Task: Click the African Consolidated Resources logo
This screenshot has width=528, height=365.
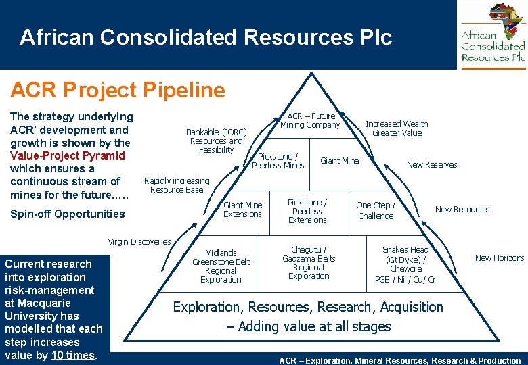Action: click(x=493, y=34)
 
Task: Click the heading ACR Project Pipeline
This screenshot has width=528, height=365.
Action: click(x=118, y=90)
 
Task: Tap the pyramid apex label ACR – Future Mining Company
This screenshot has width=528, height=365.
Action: click(x=311, y=120)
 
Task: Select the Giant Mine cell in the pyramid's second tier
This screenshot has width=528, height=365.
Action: click(x=339, y=161)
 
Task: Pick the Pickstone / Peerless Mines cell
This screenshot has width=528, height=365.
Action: click(x=278, y=161)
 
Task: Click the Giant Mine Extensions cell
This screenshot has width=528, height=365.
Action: click(x=242, y=210)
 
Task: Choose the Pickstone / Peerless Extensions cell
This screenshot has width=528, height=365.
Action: click(x=307, y=211)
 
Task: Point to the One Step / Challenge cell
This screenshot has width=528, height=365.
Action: click(x=376, y=211)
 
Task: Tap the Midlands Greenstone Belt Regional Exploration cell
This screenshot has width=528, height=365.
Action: click(x=221, y=266)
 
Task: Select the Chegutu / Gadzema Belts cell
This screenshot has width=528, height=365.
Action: click(x=309, y=263)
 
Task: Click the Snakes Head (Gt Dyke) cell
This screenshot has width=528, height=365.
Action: click(x=405, y=264)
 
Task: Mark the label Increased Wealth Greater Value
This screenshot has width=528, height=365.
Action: click(x=397, y=128)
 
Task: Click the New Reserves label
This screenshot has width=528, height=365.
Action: click(x=431, y=165)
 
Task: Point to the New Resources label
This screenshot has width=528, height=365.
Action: click(x=462, y=210)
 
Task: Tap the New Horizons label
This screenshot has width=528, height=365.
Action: click(x=500, y=258)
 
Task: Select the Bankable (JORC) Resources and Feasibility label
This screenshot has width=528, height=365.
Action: click(x=217, y=141)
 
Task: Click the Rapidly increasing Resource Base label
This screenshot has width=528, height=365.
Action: click(x=177, y=185)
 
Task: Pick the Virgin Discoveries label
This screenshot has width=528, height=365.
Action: click(x=139, y=242)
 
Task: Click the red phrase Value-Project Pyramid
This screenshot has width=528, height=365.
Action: click(x=68, y=156)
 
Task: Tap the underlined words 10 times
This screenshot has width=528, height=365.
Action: click(x=72, y=355)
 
